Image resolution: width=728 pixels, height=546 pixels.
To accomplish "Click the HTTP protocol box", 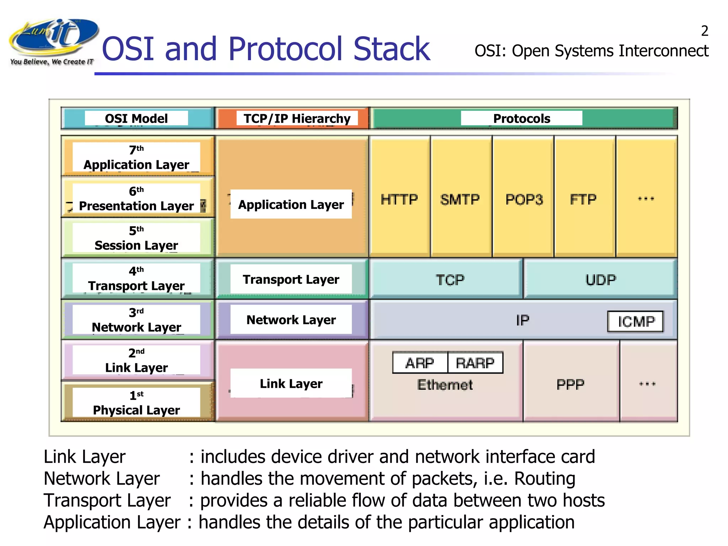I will tap(399, 199).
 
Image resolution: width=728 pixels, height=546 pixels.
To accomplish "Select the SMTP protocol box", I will tap(460, 199).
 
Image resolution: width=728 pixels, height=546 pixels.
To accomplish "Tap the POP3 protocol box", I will tap(524, 199).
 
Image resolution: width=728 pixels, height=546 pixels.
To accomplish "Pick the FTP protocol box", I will tap(583, 199).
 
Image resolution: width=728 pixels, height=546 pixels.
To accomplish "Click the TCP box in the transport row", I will tap(450, 280).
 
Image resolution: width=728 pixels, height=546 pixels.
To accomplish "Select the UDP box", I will tap(601, 280).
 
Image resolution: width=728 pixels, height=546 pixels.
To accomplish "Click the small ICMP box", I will tap(636, 322).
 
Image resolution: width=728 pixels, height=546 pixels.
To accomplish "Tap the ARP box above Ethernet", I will tap(420, 363).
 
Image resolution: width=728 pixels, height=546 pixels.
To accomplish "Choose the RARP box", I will tap(475, 363).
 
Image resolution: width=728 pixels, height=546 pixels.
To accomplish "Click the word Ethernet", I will tap(445, 385).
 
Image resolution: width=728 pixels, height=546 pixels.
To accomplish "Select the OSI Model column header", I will tap(136, 118).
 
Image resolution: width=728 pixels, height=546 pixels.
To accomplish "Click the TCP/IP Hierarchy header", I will tap(297, 118).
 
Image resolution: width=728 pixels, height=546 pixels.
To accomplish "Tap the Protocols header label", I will tap(521, 118).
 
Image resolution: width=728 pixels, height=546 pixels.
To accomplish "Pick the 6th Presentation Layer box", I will tap(136, 198).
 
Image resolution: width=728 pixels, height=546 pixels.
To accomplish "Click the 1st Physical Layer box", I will tap(136, 403).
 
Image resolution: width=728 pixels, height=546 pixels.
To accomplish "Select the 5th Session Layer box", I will tap(136, 238).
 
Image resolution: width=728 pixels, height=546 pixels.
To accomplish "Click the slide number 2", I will tap(705, 31).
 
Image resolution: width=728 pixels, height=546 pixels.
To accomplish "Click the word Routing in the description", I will tap(545, 478).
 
